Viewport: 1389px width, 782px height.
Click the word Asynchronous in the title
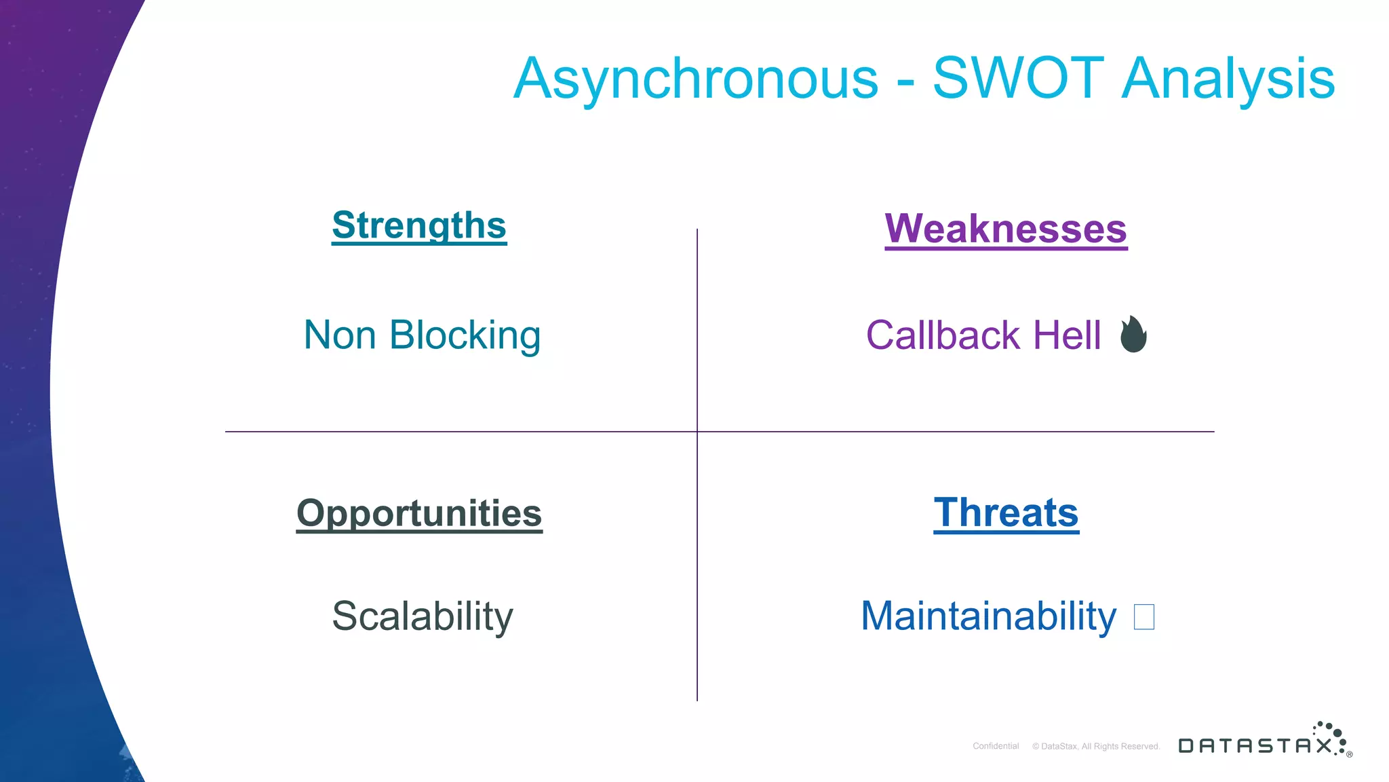click(x=695, y=80)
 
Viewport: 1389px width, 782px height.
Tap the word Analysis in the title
click(x=1228, y=80)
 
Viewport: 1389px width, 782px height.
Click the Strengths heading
click(x=419, y=225)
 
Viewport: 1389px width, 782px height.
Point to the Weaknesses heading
click(x=1006, y=229)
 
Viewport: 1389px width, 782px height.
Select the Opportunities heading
click(x=419, y=513)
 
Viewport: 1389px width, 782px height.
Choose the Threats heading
click(x=1006, y=513)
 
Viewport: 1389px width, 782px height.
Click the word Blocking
click(x=465, y=335)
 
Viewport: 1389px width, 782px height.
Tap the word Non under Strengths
click(x=340, y=335)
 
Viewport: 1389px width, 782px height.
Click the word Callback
click(x=943, y=335)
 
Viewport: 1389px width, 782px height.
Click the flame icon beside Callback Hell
click(x=1133, y=335)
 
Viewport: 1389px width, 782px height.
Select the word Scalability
click(x=422, y=616)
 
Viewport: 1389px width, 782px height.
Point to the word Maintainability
click(x=988, y=616)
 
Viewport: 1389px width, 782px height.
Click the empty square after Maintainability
click(x=1143, y=617)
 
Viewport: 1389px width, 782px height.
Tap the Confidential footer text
click(x=996, y=746)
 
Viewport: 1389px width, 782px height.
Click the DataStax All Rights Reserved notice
click(x=1096, y=746)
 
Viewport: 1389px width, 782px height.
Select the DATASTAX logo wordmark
click(x=1255, y=746)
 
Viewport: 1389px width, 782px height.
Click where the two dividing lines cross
click(x=697, y=432)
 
